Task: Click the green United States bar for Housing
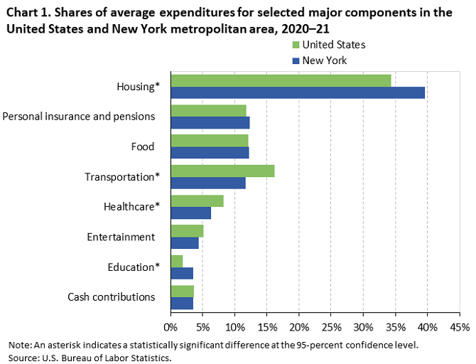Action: (x=281, y=80)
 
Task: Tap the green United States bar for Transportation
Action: (x=222, y=171)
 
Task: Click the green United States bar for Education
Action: (x=177, y=261)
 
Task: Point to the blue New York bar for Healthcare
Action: (x=190, y=213)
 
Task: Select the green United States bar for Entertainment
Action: (x=187, y=231)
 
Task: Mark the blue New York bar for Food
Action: (x=210, y=152)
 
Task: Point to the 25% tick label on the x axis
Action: (x=331, y=327)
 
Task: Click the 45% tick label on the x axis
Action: (x=459, y=327)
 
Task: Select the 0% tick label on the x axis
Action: (x=171, y=327)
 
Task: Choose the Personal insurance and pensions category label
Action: (x=79, y=117)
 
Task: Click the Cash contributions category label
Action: (x=112, y=296)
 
